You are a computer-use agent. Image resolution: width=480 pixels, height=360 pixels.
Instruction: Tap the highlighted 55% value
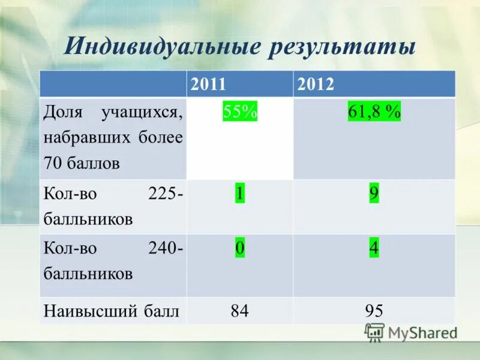coord(240,112)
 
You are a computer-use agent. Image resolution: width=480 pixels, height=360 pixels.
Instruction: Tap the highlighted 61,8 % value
coord(374,112)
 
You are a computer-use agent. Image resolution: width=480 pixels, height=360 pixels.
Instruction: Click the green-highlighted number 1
coord(239,194)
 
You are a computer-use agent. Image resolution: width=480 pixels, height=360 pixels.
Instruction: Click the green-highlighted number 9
coord(374,194)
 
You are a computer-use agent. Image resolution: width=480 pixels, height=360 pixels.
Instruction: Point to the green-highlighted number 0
coord(239,248)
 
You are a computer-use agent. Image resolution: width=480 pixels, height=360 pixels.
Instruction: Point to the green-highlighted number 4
coord(374,248)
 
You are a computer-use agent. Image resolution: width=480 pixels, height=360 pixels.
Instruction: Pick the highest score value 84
coord(239,311)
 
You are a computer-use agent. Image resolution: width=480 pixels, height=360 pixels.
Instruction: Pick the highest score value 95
coord(374,311)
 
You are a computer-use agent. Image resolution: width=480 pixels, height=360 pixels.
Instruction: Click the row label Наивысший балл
coord(112,311)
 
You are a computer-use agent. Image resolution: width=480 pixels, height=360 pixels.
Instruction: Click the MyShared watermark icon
coord(374,332)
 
